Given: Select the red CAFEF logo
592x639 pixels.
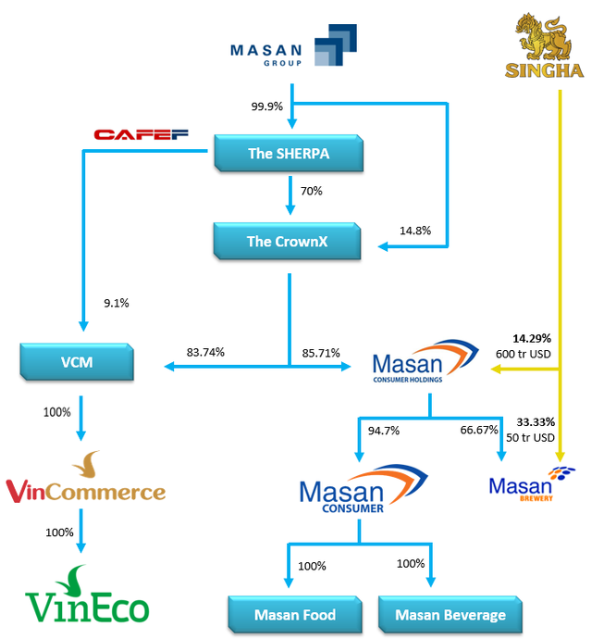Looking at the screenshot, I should click(x=141, y=135).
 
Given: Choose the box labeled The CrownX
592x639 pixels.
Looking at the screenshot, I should click(x=288, y=242).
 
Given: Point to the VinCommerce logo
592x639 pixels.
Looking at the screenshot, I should click(x=85, y=482).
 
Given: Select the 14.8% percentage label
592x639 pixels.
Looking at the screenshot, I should click(x=414, y=230).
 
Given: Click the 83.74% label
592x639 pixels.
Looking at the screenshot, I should click(x=205, y=352).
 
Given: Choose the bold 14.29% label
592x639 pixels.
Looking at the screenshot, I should click(x=532, y=339).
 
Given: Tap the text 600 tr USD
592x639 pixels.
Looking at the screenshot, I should click(x=523, y=354).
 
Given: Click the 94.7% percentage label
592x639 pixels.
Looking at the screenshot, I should click(x=382, y=430).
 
